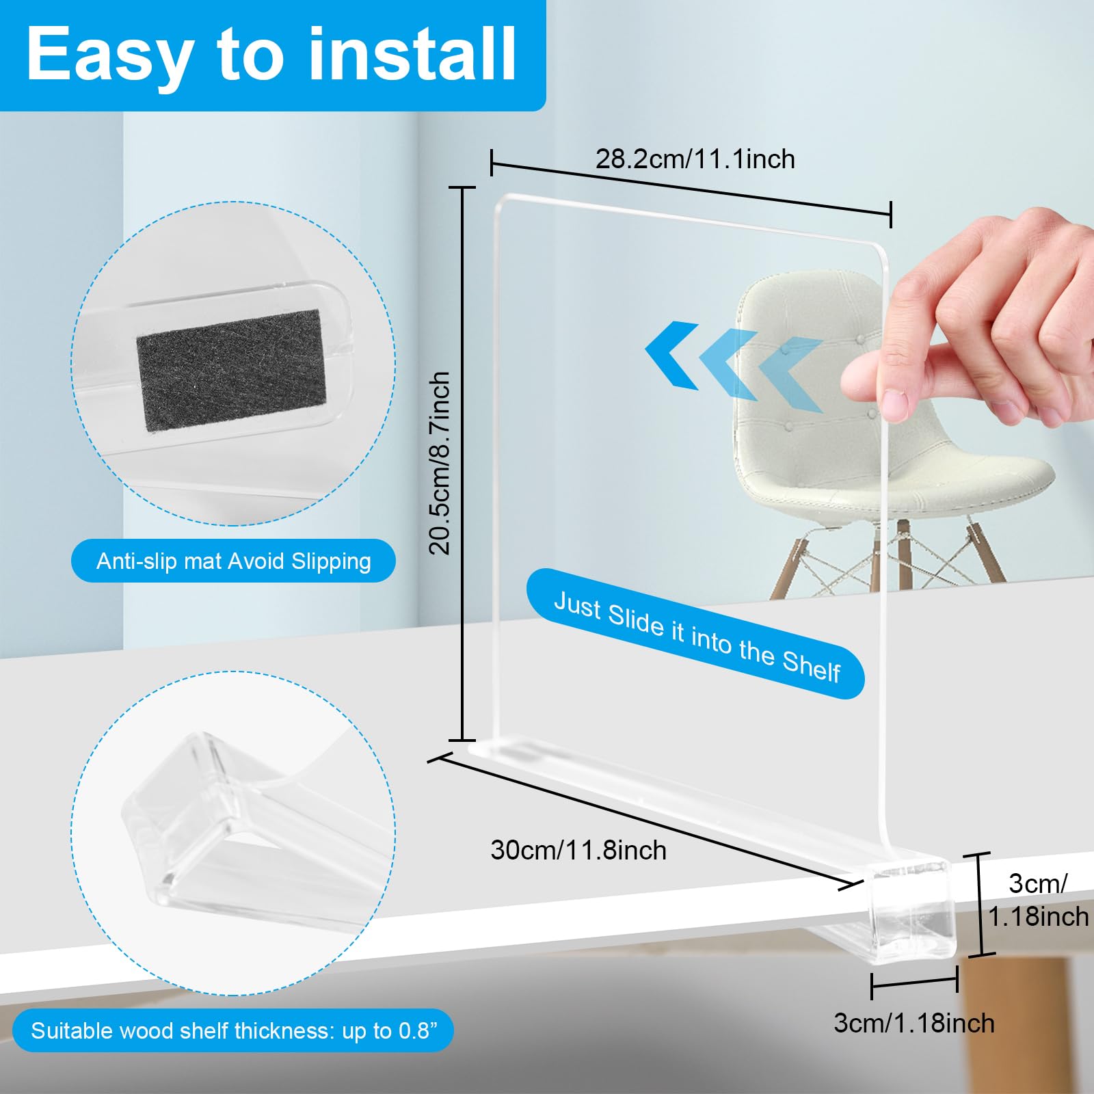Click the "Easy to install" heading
point(271,55)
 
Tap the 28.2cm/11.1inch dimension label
point(695,159)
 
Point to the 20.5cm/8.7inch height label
point(439,463)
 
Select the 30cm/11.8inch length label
point(578,850)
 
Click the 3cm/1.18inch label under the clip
point(914,1023)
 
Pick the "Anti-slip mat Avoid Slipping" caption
point(234,561)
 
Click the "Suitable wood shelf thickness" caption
point(233,1030)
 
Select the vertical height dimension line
point(463,464)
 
